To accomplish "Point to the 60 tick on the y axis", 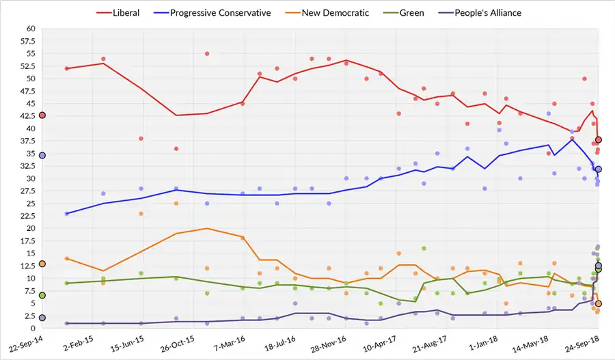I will (x=30, y=29).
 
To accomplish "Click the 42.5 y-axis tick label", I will (x=27, y=128).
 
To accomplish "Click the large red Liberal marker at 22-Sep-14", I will (x=42, y=115).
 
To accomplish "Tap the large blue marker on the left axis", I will (x=42, y=156).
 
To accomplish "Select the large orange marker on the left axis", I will (x=42, y=264).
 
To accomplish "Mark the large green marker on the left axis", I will (x=42, y=295).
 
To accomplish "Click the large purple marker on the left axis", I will (x=42, y=318).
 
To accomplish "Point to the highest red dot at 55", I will (x=206, y=53).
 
